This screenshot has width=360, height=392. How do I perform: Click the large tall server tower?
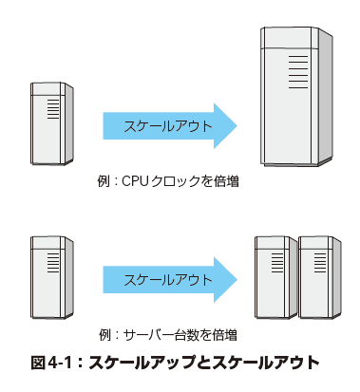tap(296, 97)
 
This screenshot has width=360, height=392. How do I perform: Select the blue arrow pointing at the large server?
tap(170, 126)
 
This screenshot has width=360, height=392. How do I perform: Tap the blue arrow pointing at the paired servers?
tap(170, 280)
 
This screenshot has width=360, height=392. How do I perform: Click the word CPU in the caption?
tap(135, 181)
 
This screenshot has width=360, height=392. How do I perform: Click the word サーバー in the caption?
tap(148, 335)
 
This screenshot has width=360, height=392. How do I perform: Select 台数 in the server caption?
tap(186, 335)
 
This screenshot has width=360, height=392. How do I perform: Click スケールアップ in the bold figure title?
tap(142, 363)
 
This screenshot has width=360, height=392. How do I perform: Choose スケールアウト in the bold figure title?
tap(266, 363)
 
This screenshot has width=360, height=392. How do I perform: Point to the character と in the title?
tap(204, 363)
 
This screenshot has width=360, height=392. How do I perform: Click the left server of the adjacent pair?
tap(275, 277)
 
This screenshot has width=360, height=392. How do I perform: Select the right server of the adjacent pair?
tap(320, 277)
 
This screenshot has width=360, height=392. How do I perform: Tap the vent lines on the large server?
tap(298, 72)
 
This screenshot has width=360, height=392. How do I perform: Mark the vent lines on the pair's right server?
tap(320, 263)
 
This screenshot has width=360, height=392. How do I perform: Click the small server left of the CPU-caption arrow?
tap(52, 123)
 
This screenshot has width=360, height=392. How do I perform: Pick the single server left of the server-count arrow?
tap(52, 277)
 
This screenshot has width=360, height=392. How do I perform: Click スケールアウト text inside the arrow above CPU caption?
tap(168, 126)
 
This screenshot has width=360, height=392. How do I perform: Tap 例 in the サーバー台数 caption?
tap(105, 335)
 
